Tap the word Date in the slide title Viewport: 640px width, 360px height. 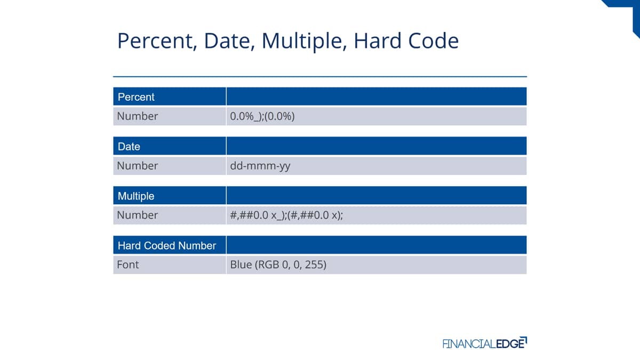[229, 41]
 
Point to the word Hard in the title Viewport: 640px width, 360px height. [378, 41]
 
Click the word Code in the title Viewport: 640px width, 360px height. [434, 41]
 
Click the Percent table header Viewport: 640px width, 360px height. [136, 97]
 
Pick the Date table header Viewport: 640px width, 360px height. [129, 147]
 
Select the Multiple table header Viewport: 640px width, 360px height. [136, 196]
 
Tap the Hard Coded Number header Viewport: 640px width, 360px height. [167, 246]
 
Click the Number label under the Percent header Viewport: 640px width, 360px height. [138, 116]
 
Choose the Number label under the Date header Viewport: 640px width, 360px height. [138, 166]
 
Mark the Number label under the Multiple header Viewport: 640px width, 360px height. [138, 215]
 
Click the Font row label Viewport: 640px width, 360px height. [127, 265]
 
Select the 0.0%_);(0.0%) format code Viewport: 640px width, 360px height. [262, 117]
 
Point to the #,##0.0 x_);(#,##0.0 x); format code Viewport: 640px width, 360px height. [286, 215]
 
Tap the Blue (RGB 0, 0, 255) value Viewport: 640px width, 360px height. [278, 265]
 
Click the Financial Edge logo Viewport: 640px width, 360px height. [485, 343]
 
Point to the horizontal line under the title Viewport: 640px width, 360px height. [320, 77]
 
